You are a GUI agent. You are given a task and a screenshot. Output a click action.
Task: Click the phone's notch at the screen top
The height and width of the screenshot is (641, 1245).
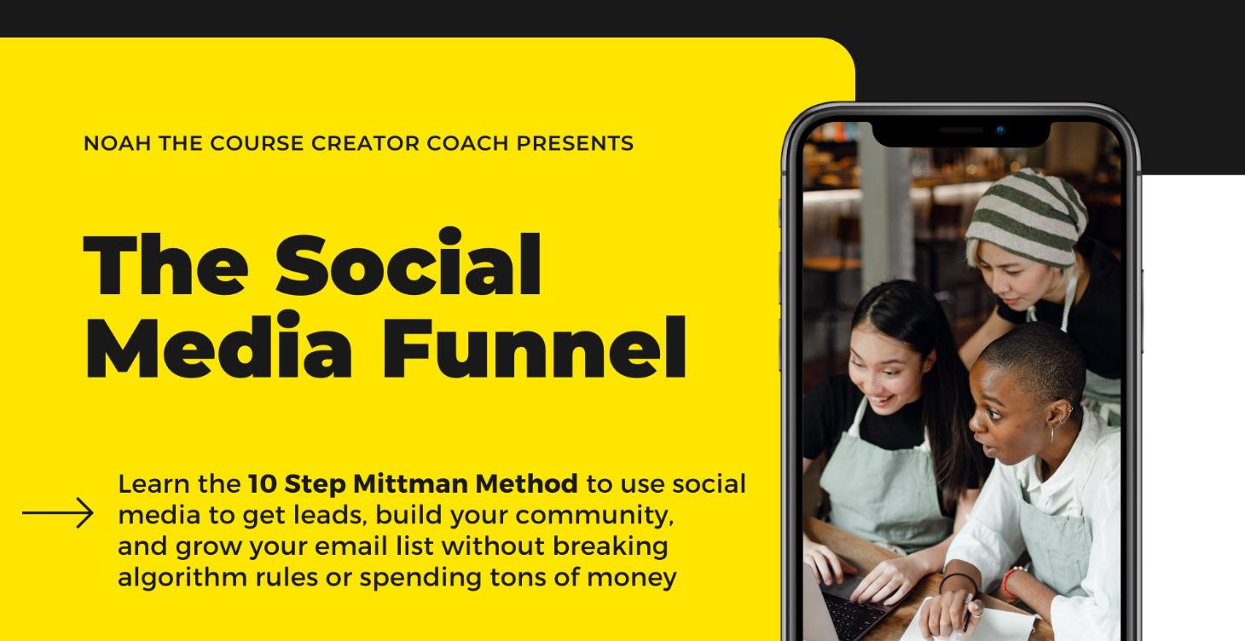(961, 132)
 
